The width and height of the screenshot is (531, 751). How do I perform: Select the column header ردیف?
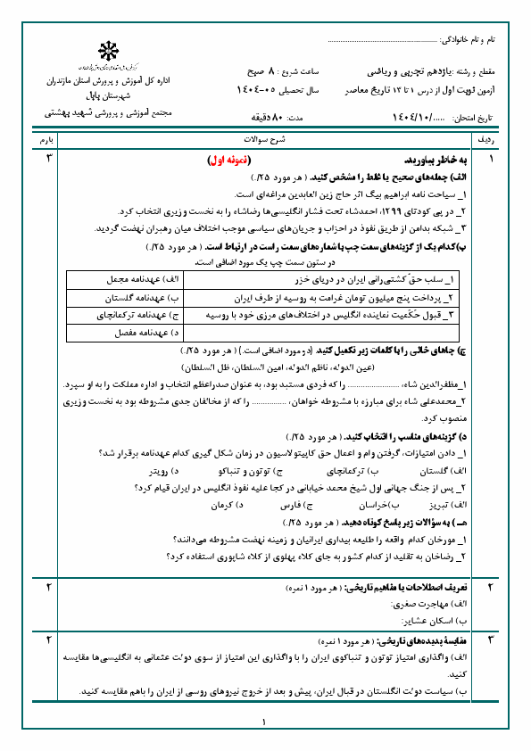pyautogui.click(x=492, y=141)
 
